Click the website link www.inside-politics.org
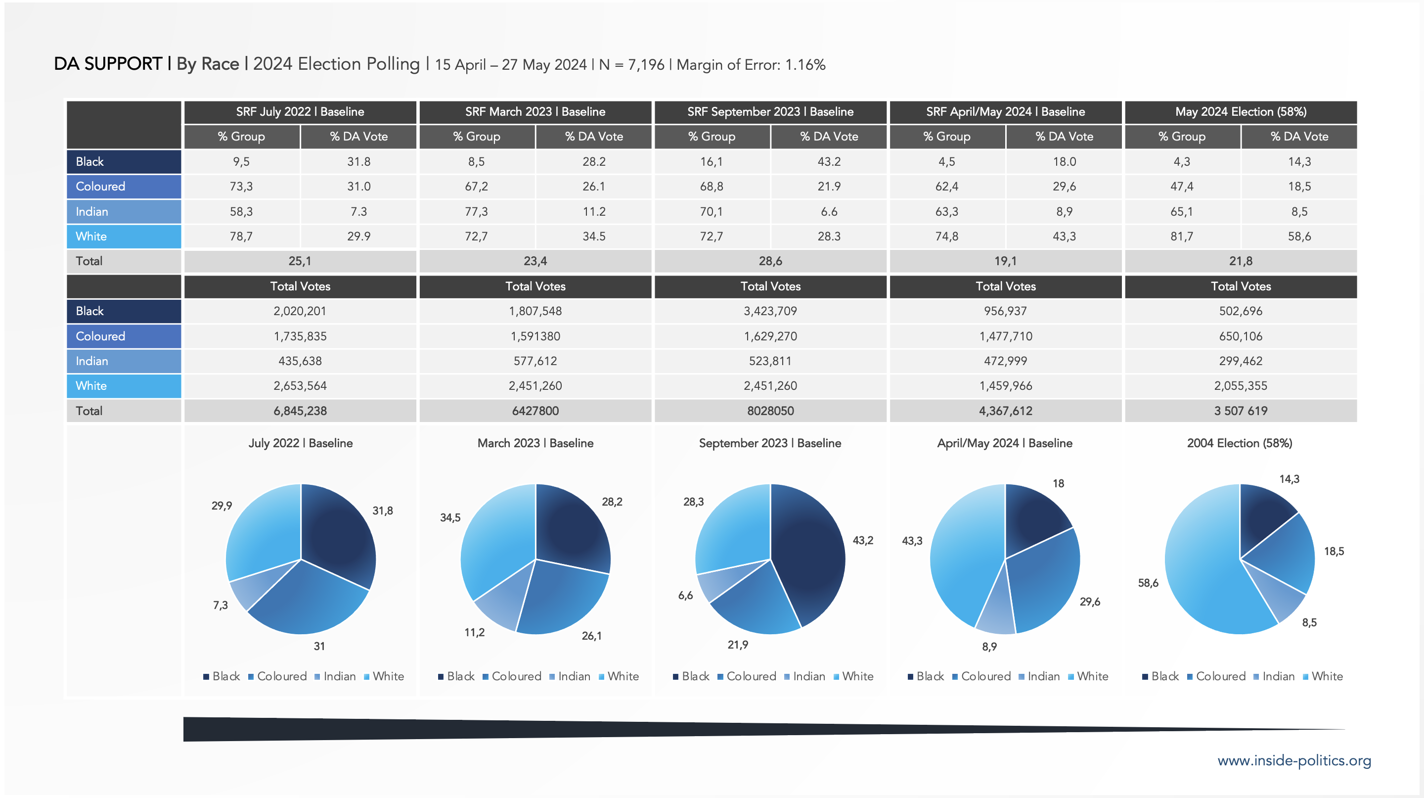tap(1293, 760)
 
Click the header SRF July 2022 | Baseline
tap(300, 112)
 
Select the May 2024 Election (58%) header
tap(1241, 112)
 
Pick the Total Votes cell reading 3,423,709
tap(770, 311)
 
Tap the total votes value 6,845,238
tap(300, 411)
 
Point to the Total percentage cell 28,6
tap(770, 261)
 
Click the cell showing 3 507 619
tap(1241, 411)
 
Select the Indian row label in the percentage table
tap(92, 212)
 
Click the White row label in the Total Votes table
tap(91, 386)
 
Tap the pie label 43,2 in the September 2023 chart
tap(862, 540)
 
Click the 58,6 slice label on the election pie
tap(1148, 583)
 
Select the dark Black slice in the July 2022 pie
tap(337, 536)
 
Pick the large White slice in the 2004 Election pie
tap(1205, 575)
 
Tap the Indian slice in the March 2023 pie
tap(500, 603)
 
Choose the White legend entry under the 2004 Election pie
tap(1326, 676)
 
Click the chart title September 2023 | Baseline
tap(769, 443)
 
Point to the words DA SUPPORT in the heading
tap(108, 64)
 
